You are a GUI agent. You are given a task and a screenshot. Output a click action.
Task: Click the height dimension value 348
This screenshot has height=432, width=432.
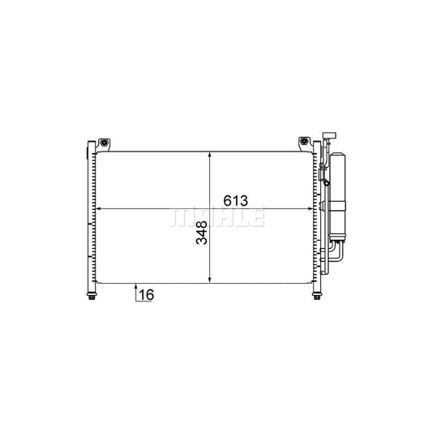pos(199,236)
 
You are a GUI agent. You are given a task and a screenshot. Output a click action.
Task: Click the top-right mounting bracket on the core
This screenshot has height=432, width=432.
pos(304,143)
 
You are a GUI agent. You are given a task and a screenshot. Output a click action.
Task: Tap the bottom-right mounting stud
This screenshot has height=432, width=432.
pos(314,295)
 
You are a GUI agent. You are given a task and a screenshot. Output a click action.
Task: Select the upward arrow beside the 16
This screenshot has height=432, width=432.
pos(134,291)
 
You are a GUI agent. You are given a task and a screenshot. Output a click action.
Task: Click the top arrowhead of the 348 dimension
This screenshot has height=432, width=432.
pos(210,156)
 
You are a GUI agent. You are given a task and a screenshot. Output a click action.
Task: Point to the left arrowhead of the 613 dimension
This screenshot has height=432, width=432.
pos(101,209)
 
